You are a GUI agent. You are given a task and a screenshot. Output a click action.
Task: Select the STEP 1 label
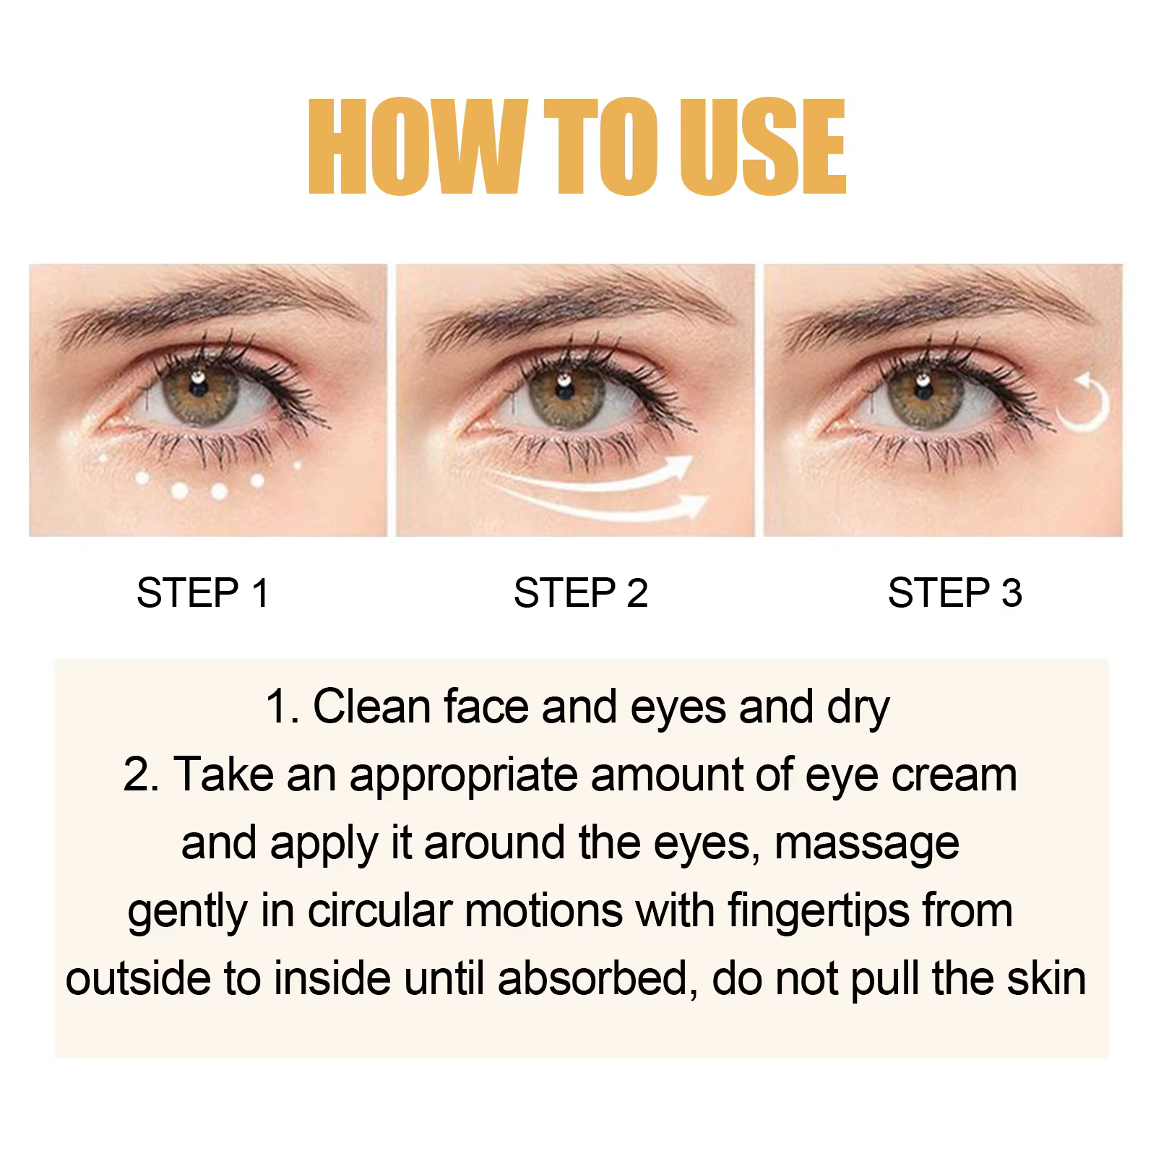[202, 593]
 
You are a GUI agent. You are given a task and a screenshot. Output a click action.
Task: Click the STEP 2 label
[580, 593]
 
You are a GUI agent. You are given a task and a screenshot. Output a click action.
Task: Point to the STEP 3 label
[954, 593]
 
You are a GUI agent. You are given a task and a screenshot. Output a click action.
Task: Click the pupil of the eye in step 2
[560, 388]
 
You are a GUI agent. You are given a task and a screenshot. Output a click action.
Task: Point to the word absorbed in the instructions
[597, 978]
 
